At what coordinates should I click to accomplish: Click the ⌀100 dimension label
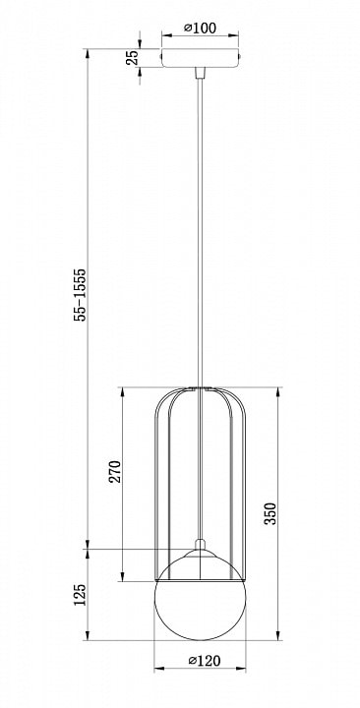click(200, 28)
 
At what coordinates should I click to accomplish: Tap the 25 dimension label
click(132, 58)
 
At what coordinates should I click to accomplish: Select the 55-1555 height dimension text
click(80, 294)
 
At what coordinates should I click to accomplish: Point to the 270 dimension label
click(115, 471)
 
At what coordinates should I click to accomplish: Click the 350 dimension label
click(270, 513)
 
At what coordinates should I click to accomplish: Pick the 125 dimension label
click(80, 595)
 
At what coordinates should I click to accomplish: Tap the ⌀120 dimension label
click(205, 661)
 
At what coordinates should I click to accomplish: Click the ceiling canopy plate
click(200, 58)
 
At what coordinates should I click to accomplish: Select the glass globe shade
click(200, 595)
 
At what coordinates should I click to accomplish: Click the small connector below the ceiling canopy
click(200, 73)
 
